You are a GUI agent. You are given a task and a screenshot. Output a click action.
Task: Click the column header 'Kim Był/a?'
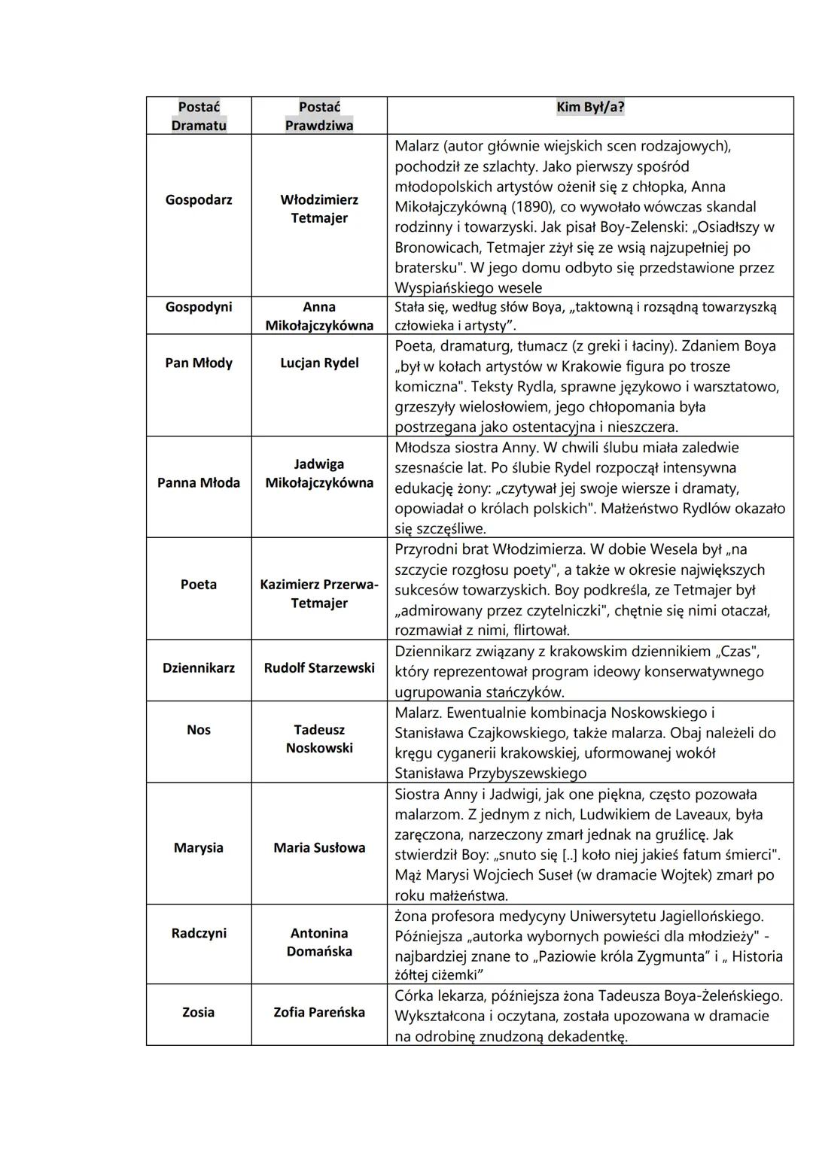[x=590, y=107]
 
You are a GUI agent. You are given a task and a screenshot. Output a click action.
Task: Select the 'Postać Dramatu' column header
[x=199, y=116]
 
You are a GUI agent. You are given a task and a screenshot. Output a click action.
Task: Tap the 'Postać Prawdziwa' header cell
[x=319, y=116]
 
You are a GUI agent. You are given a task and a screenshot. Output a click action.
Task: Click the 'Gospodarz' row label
[x=199, y=199]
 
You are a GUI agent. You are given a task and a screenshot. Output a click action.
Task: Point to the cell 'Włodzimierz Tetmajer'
[x=319, y=208]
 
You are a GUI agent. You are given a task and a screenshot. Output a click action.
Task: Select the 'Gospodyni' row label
[x=199, y=307]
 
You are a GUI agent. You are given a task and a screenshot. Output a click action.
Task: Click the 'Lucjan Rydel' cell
[x=319, y=363]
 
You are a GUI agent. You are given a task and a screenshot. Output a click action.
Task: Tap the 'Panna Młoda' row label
[x=199, y=482]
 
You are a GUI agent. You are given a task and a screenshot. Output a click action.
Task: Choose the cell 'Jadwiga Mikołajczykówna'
[x=319, y=473]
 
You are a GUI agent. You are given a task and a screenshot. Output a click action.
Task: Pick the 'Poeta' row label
[x=199, y=584]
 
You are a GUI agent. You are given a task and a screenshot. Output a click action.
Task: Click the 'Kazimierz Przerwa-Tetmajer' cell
[x=319, y=594]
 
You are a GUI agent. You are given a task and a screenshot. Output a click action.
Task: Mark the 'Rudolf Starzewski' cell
[x=319, y=667]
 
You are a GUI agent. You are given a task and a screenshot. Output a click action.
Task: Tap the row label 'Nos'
[x=199, y=730]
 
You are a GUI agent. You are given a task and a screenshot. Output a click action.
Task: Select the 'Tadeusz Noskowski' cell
[x=319, y=739]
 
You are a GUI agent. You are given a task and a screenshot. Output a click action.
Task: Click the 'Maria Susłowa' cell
[x=319, y=847]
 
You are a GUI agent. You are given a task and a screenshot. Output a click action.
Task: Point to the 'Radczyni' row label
[x=199, y=933]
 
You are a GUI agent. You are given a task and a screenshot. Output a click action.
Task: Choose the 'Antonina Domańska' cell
[x=319, y=942]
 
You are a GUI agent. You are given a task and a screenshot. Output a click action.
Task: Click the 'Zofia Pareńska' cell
[x=319, y=1012]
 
